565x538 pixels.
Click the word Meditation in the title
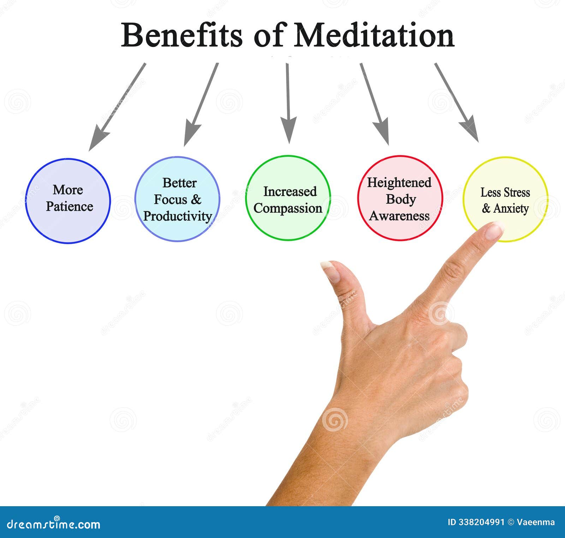coord(374,35)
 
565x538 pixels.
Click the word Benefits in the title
coord(182,35)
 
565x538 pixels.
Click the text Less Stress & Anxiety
coord(505,200)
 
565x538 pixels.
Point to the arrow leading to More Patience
coord(117,107)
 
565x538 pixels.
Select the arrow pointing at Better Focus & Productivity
coord(201,105)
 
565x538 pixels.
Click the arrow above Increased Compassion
coord(288,104)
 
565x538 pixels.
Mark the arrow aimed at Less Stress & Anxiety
coord(457,102)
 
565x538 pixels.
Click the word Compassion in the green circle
coord(288,208)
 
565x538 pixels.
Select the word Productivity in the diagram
coord(177,216)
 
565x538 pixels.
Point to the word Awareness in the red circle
coord(399,216)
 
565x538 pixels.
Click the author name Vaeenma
coord(536,522)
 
